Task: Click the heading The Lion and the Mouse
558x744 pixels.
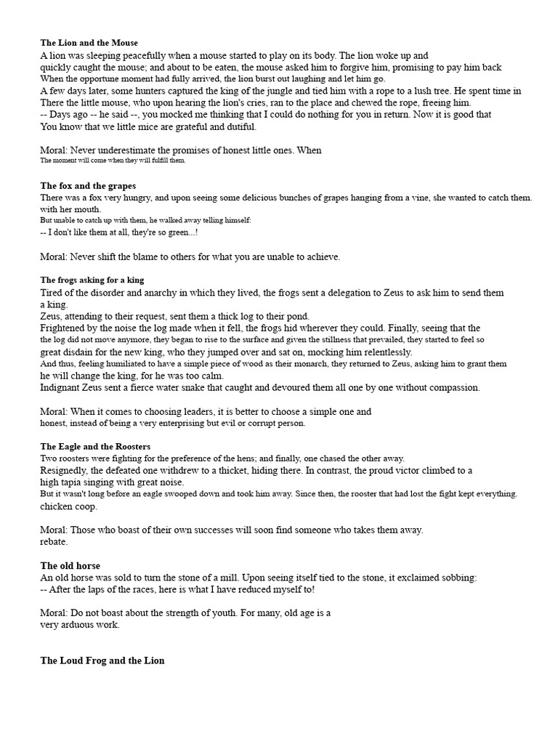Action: click(89, 43)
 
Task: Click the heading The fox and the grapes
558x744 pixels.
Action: click(88, 186)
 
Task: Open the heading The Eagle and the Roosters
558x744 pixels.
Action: click(95, 446)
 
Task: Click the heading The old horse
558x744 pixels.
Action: click(70, 565)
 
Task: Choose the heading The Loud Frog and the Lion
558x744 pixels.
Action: click(102, 660)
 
